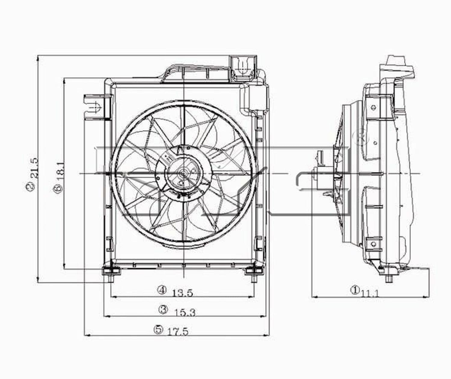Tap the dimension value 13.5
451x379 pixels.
point(183,293)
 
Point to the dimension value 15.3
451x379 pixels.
point(185,313)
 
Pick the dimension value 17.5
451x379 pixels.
point(178,332)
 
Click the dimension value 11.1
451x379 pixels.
point(370,294)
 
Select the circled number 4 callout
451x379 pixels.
point(162,290)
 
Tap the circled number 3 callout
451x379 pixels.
point(163,310)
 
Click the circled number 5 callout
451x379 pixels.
point(158,329)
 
